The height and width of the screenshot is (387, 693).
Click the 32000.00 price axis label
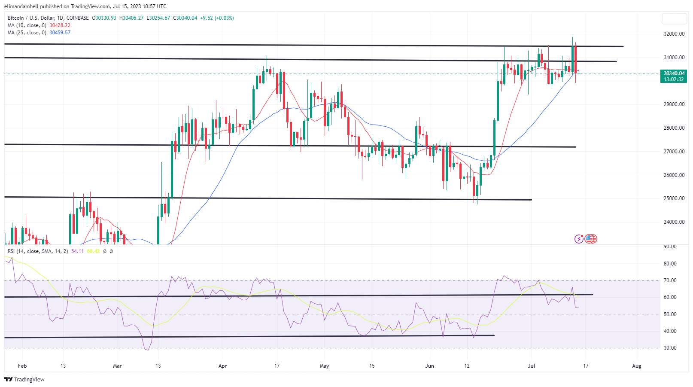coord(674,34)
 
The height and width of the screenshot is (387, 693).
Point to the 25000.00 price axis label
coord(674,198)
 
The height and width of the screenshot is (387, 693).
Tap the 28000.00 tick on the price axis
coord(674,128)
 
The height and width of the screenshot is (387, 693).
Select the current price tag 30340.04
coord(674,73)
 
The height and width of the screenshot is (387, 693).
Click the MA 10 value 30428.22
coord(60,25)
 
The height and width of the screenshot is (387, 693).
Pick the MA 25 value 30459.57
coord(60,33)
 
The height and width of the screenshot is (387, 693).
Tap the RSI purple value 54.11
coord(77,251)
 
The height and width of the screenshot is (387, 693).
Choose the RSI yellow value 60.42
coord(93,251)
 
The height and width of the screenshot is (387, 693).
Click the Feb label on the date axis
coord(22,366)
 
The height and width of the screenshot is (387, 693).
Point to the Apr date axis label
coord(222,366)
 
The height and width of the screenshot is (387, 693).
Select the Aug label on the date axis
coord(636,366)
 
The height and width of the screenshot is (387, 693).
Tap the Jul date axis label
coord(532,366)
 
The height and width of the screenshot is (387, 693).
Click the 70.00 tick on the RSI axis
coord(670,280)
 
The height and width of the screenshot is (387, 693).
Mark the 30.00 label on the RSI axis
coord(670,348)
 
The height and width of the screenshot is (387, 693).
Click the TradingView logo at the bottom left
coord(24,379)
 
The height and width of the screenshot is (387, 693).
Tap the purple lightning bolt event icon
coord(579,239)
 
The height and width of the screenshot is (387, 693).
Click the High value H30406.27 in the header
coord(131,18)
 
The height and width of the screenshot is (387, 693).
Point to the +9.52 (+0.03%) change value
coord(217,18)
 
